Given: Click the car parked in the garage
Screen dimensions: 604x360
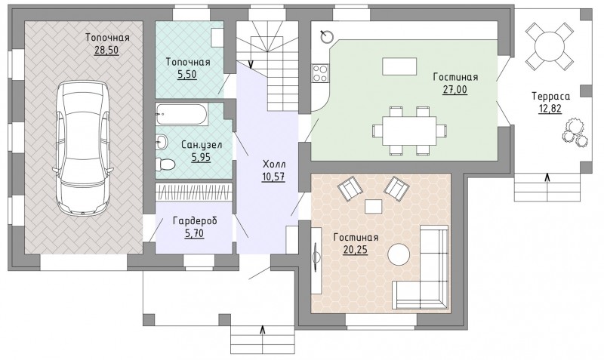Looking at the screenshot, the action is pyautogui.click(x=82, y=148).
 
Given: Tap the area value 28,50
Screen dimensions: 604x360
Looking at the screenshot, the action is pyautogui.click(x=106, y=50).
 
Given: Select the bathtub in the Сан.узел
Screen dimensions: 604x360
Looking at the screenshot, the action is pyautogui.click(x=181, y=114).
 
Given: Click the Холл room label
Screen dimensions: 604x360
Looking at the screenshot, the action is pyautogui.click(x=274, y=165).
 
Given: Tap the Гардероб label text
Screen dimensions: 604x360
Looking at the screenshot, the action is pyautogui.click(x=195, y=221).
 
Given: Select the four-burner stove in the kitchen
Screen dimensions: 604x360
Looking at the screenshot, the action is pyautogui.click(x=320, y=73).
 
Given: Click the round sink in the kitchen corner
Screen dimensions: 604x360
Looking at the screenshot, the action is pyautogui.click(x=328, y=36).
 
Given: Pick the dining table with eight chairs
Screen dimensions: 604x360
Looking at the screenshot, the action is pyautogui.click(x=409, y=131).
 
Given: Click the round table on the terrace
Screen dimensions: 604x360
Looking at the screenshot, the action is pyautogui.click(x=550, y=46).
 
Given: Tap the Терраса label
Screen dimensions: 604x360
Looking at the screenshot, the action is pyautogui.click(x=550, y=97).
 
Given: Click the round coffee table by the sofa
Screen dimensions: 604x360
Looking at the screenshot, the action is pyautogui.click(x=399, y=254).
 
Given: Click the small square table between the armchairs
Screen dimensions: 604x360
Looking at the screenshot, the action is pyautogui.click(x=373, y=206).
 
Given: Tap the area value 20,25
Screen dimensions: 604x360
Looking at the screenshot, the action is pyautogui.click(x=355, y=250).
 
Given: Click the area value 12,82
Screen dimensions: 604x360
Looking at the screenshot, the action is pyautogui.click(x=550, y=109).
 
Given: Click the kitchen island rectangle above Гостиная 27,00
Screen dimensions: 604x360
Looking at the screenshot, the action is pyautogui.click(x=399, y=66).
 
